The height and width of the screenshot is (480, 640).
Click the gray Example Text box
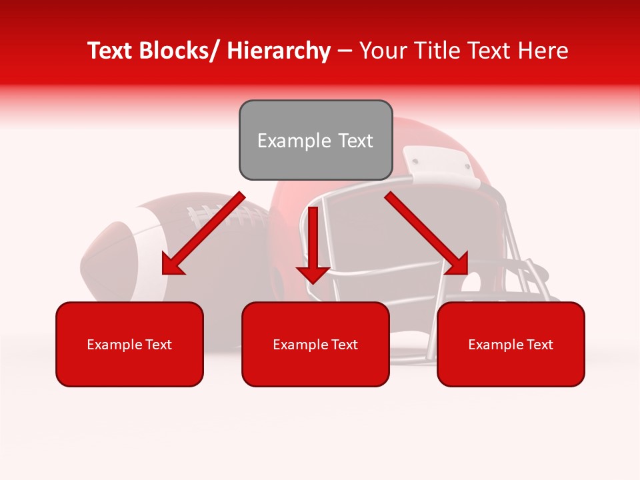pyautogui.click(x=315, y=140)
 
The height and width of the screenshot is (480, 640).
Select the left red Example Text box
pyautogui.click(x=129, y=344)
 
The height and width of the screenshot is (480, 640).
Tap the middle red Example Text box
pyautogui.click(x=315, y=344)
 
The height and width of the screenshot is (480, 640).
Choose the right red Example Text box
pyautogui.click(x=511, y=344)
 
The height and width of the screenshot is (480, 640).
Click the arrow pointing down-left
pyautogui.click(x=203, y=233)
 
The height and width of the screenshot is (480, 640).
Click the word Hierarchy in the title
pyautogui.click(x=279, y=51)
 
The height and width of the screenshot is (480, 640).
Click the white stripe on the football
pyautogui.click(x=144, y=253)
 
